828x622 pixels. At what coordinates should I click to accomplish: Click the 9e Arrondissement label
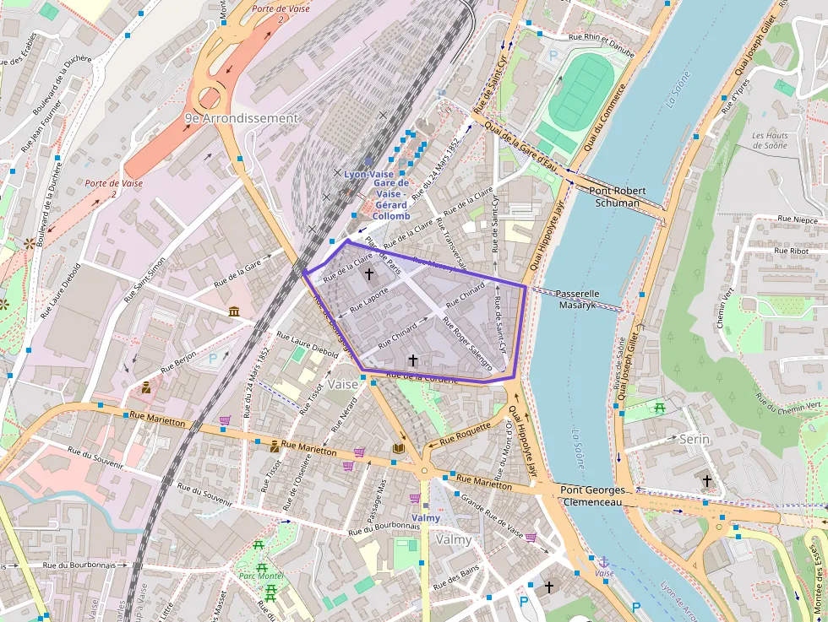click(x=242, y=118)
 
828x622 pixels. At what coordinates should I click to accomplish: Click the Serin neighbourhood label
click(x=695, y=440)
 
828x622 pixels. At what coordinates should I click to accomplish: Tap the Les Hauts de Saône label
click(x=770, y=140)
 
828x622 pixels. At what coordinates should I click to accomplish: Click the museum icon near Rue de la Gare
click(x=233, y=312)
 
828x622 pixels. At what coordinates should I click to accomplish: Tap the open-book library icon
click(x=398, y=448)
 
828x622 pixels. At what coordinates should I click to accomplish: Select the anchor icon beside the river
click(x=603, y=561)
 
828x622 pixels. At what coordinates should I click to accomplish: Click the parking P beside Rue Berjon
click(x=213, y=358)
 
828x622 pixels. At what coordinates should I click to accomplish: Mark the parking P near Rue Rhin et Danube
click(x=554, y=55)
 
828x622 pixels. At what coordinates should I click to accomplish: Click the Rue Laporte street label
click(x=368, y=298)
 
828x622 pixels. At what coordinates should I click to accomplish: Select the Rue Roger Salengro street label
click(x=472, y=349)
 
